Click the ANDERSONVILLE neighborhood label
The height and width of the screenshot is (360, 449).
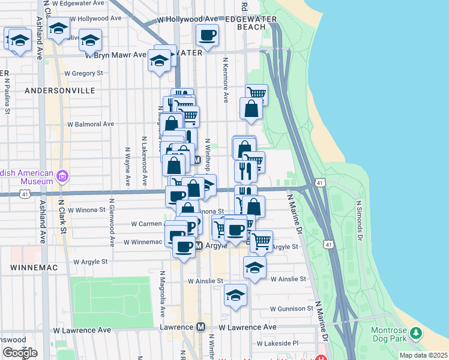pyautogui.click(x=60, y=90)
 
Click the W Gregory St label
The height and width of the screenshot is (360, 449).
pyautogui.click(x=83, y=73)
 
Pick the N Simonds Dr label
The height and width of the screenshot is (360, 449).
pyautogui.click(x=360, y=212)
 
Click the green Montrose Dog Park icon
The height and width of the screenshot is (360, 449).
pyautogui.click(x=415, y=332)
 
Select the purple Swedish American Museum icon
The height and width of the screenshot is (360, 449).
pyautogui.click(x=62, y=176)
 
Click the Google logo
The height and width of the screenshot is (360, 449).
pyautogui.click(x=19, y=353)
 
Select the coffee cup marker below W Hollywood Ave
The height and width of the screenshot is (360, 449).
pyautogui.click(x=207, y=35)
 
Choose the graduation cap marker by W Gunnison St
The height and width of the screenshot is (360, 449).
pyautogui.click(x=235, y=295)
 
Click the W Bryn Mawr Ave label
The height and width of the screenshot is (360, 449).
pyautogui.click(x=116, y=55)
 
